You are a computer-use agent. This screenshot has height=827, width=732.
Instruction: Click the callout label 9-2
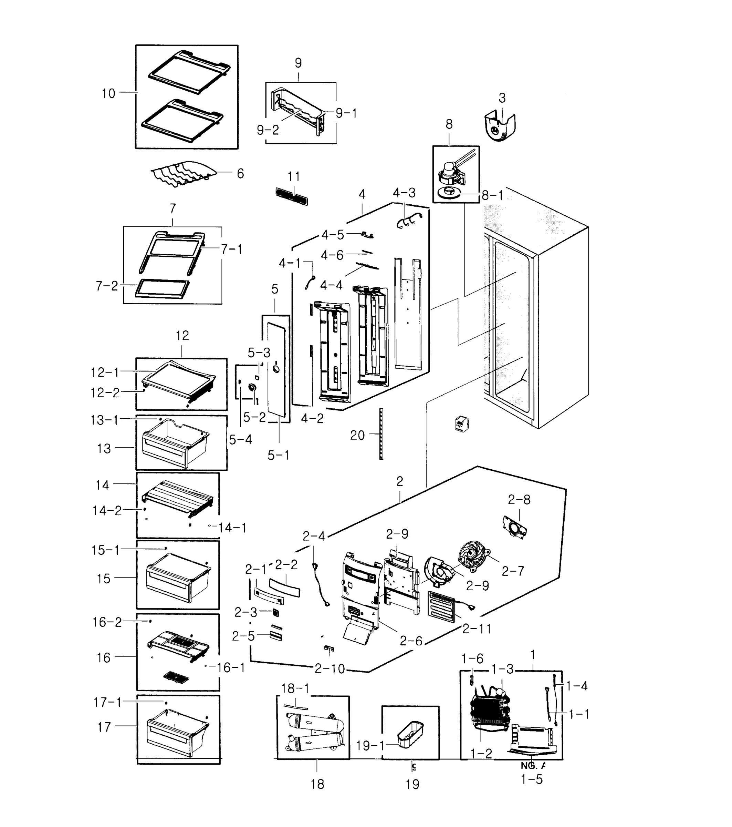268,130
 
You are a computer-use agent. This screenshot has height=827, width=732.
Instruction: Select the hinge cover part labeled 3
500,127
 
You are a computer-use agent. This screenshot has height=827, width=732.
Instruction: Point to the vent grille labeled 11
291,196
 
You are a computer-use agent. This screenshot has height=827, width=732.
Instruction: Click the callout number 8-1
493,196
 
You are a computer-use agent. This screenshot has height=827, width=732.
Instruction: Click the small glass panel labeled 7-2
163,288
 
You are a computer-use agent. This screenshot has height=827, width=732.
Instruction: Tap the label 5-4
240,439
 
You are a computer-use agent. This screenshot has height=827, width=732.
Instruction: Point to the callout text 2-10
330,669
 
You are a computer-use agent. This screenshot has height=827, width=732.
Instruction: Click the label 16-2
107,622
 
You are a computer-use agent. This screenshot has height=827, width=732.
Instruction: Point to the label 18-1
295,688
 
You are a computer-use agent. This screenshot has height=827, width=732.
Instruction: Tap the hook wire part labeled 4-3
408,220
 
